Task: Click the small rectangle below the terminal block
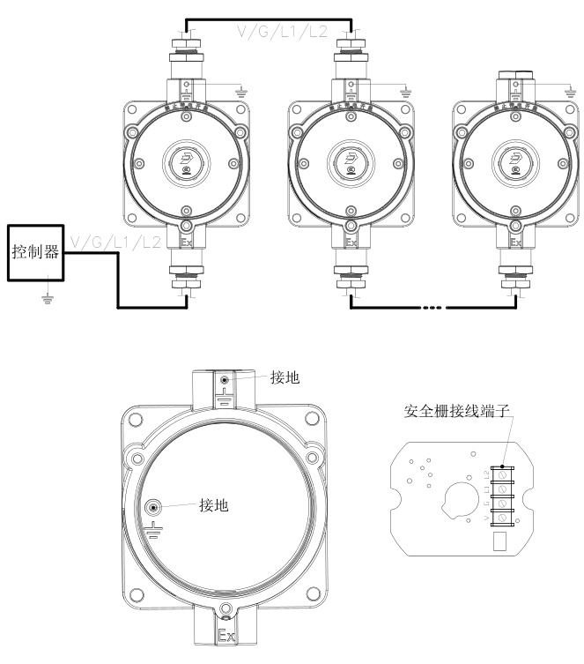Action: (499, 540)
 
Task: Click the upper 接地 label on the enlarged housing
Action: (286, 377)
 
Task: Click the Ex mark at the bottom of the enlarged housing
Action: (225, 634)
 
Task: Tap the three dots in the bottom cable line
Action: (433, 308)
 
